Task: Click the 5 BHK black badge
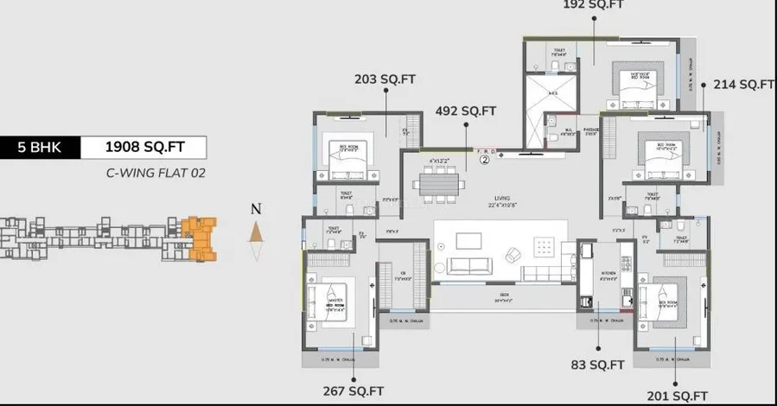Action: coord(40,147)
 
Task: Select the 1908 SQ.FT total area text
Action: coord(143,147)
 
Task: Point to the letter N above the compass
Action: coord(255,208)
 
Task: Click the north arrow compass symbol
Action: coord(255,232)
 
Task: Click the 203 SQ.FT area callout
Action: coord(385,79)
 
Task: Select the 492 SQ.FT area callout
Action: coord(466,111)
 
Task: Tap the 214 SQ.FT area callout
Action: coord(742,84)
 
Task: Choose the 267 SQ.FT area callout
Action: coord(353,390)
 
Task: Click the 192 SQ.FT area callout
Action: coord(594,4)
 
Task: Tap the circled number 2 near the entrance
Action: coord(485,158)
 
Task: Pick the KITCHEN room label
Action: coord(608,278)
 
